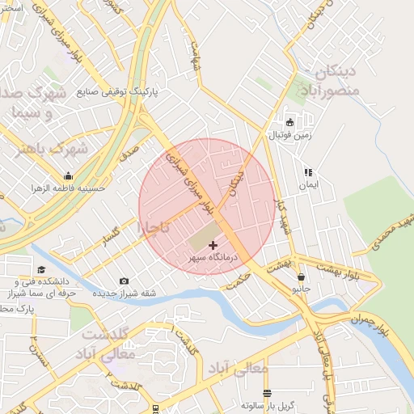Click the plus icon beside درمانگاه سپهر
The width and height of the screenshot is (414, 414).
pos(213,245)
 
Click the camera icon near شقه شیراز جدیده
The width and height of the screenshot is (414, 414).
pos(124,281)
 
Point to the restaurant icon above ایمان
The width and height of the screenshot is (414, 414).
pos(307,172)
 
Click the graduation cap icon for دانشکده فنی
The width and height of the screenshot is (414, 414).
pos(41,271)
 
